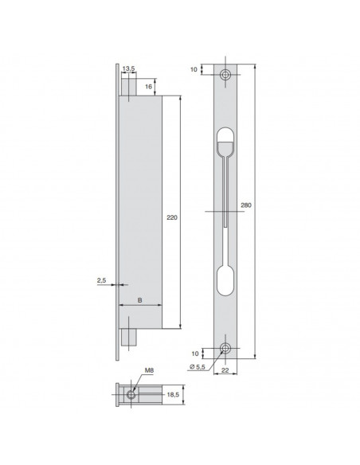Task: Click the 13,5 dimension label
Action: (128, 69)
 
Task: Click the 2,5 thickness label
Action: (100, 280)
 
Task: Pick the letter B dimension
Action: (140, 299)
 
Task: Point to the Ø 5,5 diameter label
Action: (199, 365)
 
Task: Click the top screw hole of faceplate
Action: (226, 74)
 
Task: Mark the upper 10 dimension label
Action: (194, 70)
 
